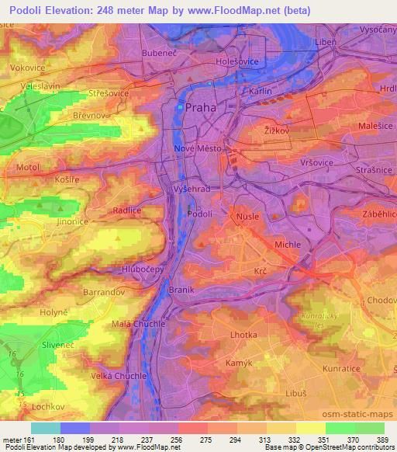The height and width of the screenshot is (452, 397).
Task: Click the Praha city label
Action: click(201, 109)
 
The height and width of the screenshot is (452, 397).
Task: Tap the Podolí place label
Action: click(201, 213)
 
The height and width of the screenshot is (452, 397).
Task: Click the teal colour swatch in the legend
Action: click(46, 428)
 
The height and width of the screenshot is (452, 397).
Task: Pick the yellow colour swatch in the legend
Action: click(311, 428)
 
